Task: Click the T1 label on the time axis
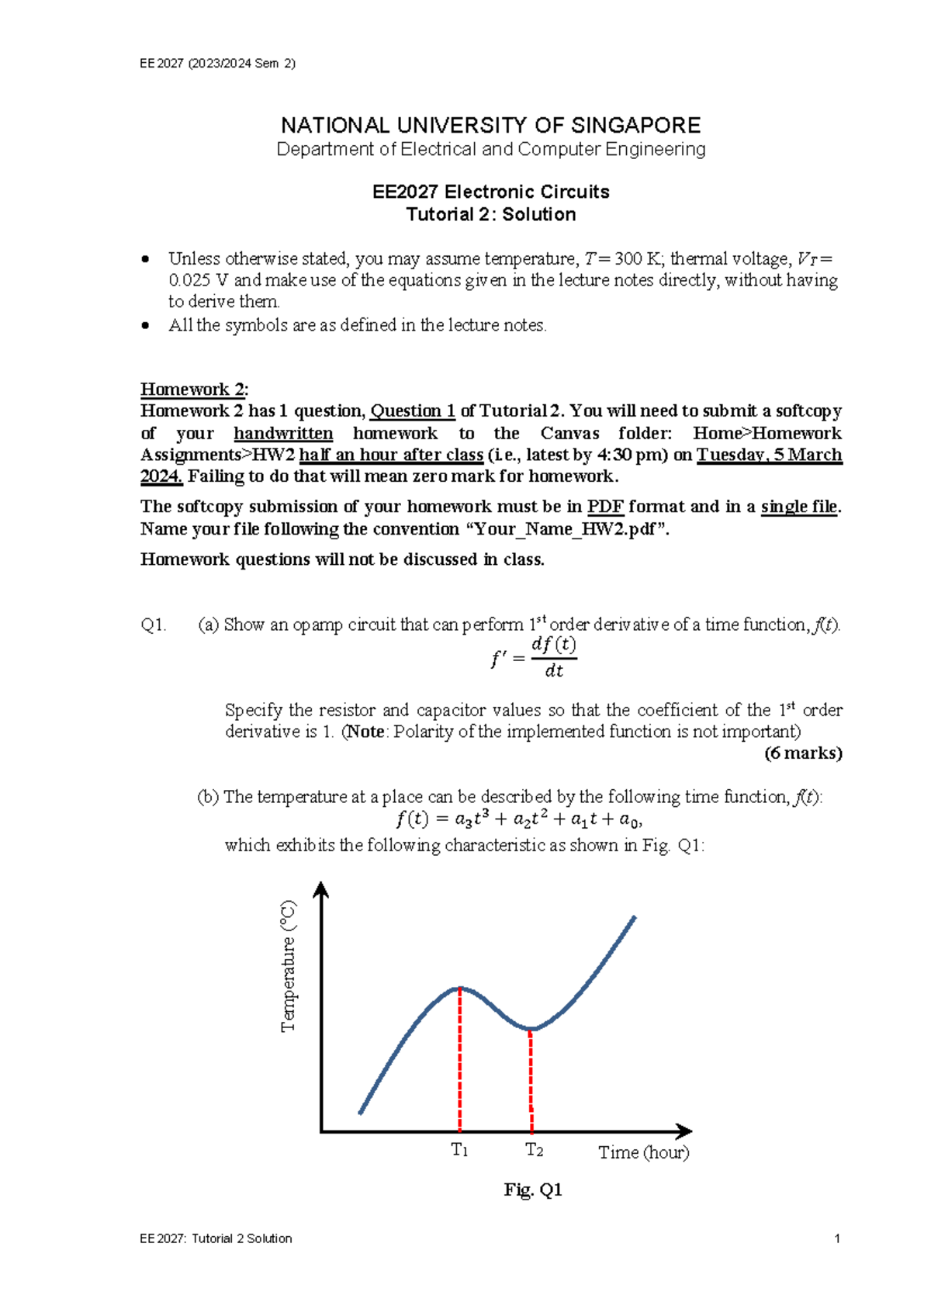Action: [459, 1150]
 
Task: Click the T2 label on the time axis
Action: [534, 1150]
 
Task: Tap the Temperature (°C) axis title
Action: [289, 965]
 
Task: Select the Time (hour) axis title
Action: [643, 1152]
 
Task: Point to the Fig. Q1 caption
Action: [532, 1190]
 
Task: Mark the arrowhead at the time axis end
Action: [684, 1131]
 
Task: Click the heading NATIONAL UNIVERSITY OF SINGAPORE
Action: [490, 125]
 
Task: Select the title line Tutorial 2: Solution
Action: [490, 214]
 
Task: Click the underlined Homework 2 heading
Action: [194, 390]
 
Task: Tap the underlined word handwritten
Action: [283, 433]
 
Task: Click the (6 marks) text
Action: [803, 753]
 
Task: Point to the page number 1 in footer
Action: [837, 1238]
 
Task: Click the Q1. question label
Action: [154, 625]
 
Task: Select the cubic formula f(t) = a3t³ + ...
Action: [518, 819]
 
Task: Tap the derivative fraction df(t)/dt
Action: [553, 657]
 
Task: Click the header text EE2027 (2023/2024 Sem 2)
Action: [217, 64]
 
